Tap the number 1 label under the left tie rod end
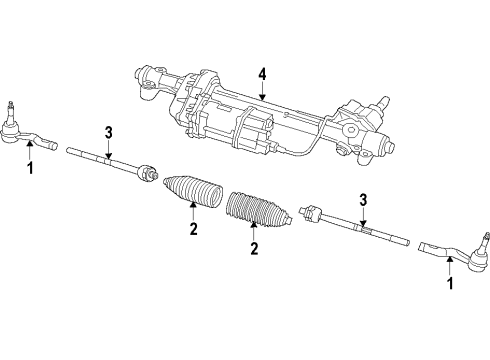tap(29, 169)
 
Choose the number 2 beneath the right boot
tap(254, 248)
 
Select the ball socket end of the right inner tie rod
tap(311, 213)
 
